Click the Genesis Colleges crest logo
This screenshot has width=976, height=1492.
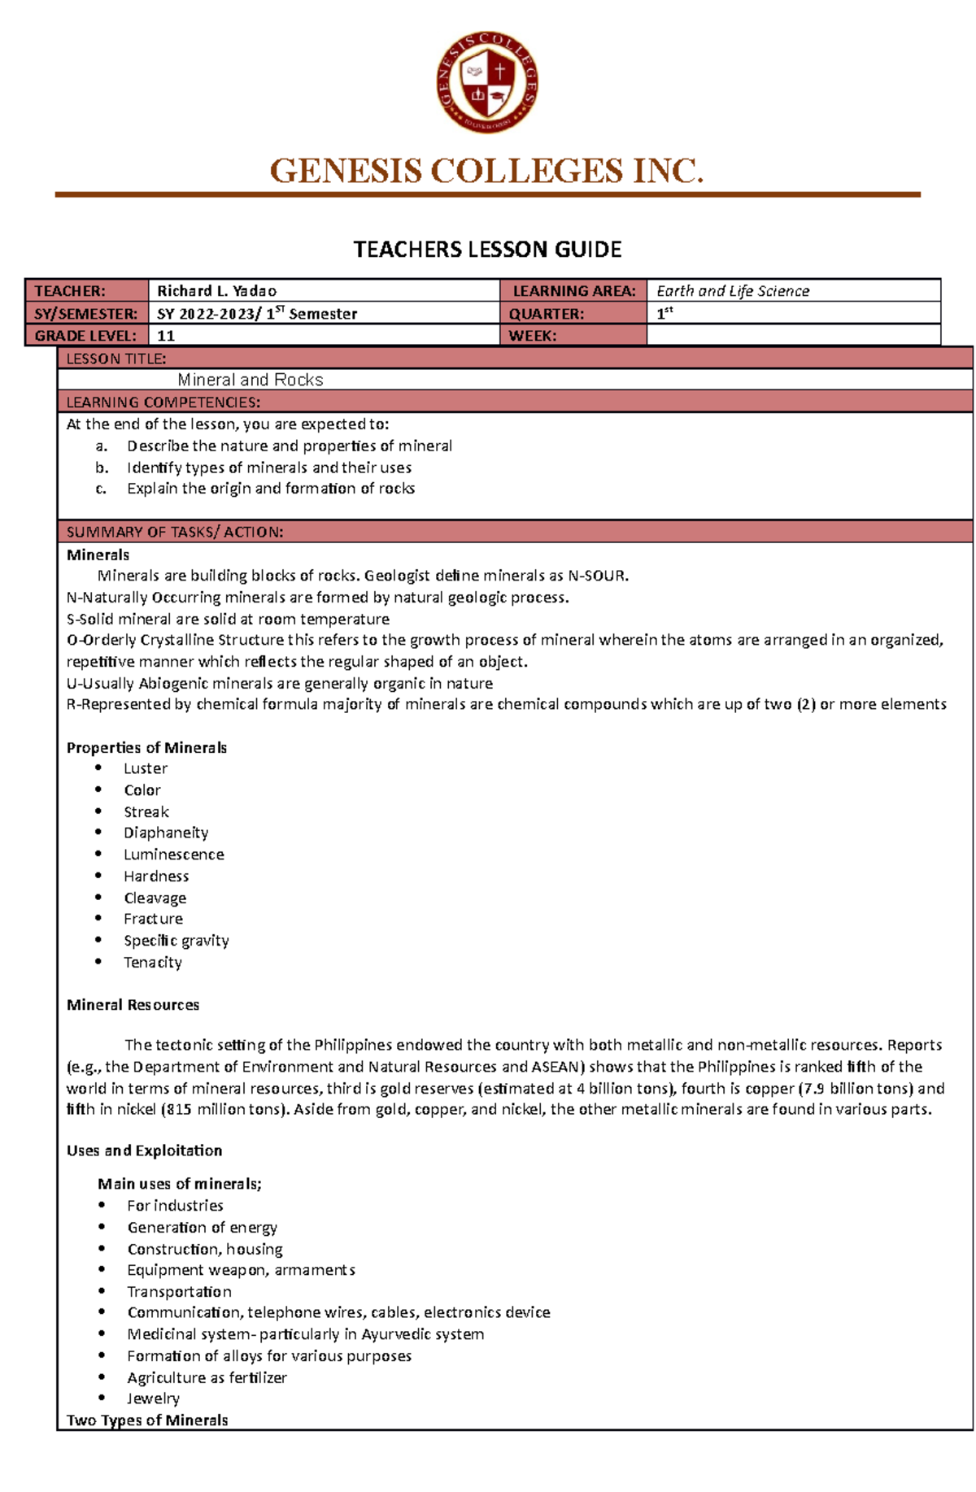click(486, 82)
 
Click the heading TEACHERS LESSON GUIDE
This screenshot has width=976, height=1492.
click(487, 250)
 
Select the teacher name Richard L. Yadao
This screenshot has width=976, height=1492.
click(216, 291)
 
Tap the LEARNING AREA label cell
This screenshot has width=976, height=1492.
click(573, 291)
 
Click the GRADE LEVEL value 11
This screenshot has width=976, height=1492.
click(166, 336)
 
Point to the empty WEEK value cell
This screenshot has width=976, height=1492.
click(793, 336)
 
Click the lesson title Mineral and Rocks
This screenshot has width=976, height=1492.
click(250, 380)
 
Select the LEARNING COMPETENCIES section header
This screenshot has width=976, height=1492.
click(163, 402)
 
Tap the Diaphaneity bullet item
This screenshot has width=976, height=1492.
click(166, 833)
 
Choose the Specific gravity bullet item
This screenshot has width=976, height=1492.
click(176, 941)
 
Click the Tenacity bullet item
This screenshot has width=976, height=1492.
click(153, 963)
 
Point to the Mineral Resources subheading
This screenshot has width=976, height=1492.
click(133, 1005)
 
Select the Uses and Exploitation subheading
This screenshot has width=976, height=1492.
click(144, 1151)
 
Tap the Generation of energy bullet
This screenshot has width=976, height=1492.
click(202, 1228)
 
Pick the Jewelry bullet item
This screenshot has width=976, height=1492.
click(153, 1398)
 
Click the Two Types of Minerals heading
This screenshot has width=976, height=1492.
click(147, 1420)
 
